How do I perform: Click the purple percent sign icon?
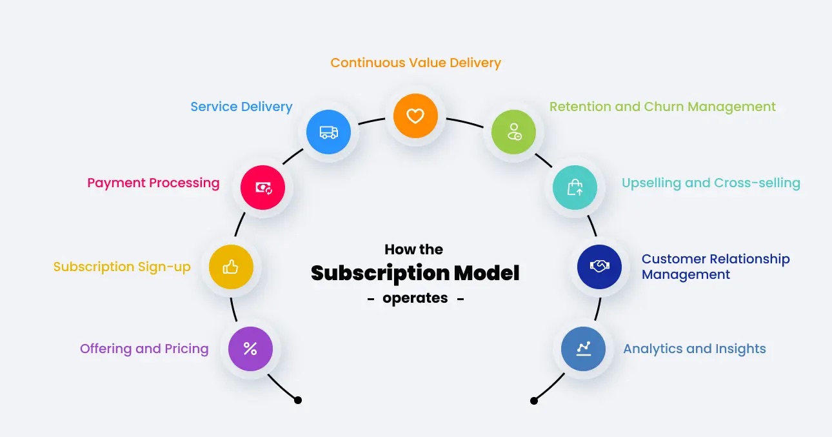tap(250, 349)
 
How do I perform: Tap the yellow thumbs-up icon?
tap(230, 267)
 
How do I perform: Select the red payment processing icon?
tap(262, 187)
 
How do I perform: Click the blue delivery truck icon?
tap(328, 132)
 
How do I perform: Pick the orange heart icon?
tap(415, 116)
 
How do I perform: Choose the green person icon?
tap(513, 132)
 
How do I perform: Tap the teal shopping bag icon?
tap(575, 187)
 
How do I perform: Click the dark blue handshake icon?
tap(599, 267)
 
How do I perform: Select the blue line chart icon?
tap(583, 349)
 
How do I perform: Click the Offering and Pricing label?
tap(144, 349)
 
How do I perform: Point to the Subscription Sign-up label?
tap(122, 267)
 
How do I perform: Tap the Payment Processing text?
tap(154, 183)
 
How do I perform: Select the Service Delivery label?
tap(241, 107)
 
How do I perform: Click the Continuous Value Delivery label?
tap(415, 63)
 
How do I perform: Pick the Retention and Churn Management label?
tap(662, 107)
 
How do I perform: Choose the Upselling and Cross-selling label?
tap(711, 183)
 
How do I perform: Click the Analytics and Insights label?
tap(694, 349)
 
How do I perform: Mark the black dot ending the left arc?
tap(298, 400)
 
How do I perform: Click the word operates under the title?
tap(415, 298)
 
